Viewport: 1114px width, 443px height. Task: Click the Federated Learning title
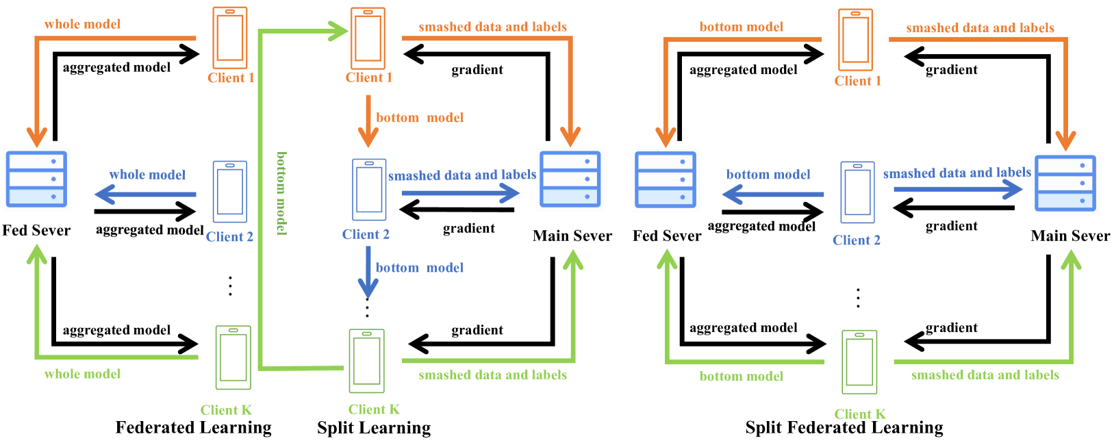coord(193,428)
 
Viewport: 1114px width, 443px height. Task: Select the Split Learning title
coord(374,428)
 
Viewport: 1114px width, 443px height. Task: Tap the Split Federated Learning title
coord(844,428)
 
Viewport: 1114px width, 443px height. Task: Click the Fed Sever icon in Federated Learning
coord(36,179)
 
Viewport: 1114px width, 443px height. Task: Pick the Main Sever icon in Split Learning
coord(570,179)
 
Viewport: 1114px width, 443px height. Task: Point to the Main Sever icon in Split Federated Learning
coord(1065,183)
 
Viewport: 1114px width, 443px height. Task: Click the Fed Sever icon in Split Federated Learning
coord(666,179)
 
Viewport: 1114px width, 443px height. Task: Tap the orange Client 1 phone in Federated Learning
coord(230,37)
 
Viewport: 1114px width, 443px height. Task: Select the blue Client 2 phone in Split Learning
coord(369,190)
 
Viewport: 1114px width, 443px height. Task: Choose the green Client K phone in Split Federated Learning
coord(859,362)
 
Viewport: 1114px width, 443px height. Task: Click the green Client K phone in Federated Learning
coord(233,357)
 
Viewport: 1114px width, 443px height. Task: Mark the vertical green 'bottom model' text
coord(281,193)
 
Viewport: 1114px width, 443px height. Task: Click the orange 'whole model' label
coord(82,24)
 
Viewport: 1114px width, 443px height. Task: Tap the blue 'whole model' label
coord(147,175)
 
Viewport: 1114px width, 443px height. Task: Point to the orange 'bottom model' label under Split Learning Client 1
coord(420,118)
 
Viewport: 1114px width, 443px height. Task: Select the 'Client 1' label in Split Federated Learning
coord(857,81)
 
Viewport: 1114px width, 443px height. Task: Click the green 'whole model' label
coord(82,374)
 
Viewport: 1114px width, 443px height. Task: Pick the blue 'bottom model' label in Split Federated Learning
coord(768,175)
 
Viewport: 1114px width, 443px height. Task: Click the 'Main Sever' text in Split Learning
coord(572,236)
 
